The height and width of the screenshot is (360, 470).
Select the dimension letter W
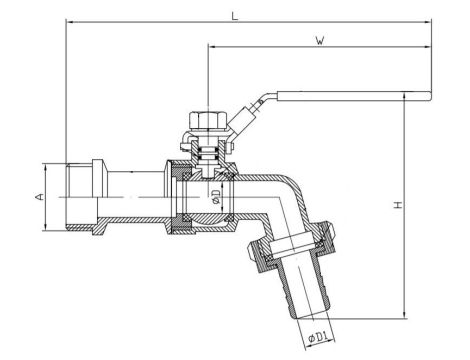[318, 41]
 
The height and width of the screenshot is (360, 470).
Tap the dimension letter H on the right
[397, 204]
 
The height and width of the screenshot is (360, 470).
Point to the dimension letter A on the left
[38, 198]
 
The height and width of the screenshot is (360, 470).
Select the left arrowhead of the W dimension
[211, 47]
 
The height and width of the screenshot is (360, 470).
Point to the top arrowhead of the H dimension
[404, 99]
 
